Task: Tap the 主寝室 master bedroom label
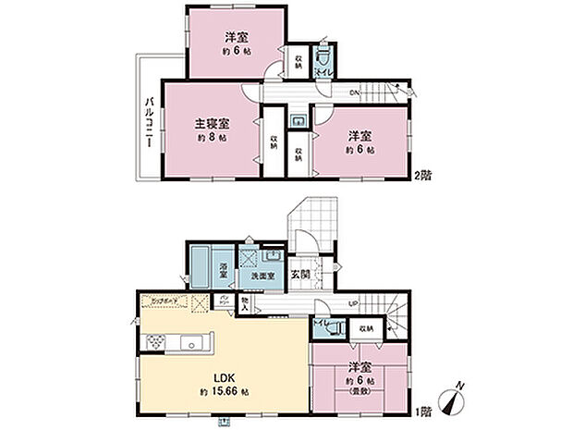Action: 212,123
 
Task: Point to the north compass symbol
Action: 453,402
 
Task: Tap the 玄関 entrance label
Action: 301,273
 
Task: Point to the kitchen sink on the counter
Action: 193,345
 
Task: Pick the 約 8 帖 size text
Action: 212,138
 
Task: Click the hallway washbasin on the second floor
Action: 299,122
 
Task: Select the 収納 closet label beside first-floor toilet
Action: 366,327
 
